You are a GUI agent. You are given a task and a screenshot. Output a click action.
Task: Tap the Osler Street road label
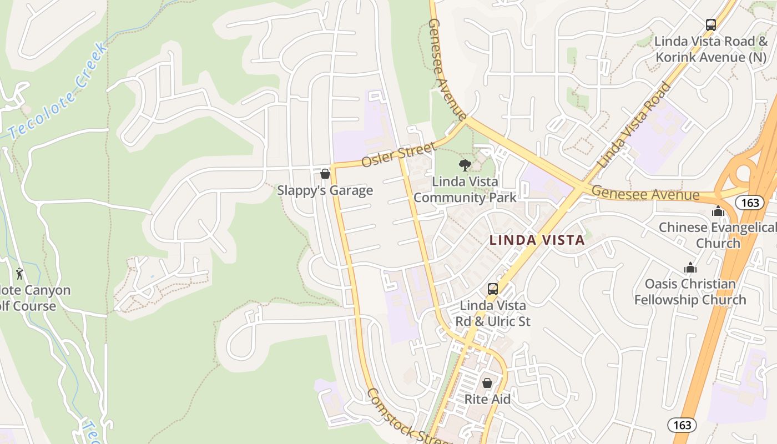[x=398, y=154]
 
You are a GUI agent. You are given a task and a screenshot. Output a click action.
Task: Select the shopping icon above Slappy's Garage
[x=325, y=174]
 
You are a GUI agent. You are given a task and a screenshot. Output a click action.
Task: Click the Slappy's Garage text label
[x=325, y=191]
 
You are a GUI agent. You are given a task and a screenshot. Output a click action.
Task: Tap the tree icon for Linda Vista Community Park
[x=465, y=165]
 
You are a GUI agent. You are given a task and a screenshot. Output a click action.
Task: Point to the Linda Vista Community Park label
[x=465, y=190]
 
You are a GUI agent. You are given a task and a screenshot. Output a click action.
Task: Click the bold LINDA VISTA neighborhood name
[x=537, y=240]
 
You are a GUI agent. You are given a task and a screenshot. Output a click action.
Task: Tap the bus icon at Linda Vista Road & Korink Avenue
[x=710, y=24]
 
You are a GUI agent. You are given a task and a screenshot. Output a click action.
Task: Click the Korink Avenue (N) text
[x=712, y=57]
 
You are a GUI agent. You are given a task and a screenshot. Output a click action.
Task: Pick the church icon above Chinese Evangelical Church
[x=718, y=211]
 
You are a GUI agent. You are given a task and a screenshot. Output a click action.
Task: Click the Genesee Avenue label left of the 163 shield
[x=645, y=193]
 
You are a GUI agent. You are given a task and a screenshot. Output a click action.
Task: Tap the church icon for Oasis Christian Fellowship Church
[x=690, y=268]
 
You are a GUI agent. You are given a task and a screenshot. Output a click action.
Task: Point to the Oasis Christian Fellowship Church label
[x=690, y=292]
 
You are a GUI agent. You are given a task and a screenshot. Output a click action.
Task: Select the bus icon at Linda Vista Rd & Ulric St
[x=492, y=289]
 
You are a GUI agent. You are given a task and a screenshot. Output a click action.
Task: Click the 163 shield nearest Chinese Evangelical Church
[x=750, y=203]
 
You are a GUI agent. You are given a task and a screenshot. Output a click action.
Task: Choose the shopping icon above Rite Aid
[x=487, y=383]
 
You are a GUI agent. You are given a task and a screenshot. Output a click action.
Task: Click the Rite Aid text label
[x=487, y=399]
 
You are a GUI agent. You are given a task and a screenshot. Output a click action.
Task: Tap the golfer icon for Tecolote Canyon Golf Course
[x=20, y=273]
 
